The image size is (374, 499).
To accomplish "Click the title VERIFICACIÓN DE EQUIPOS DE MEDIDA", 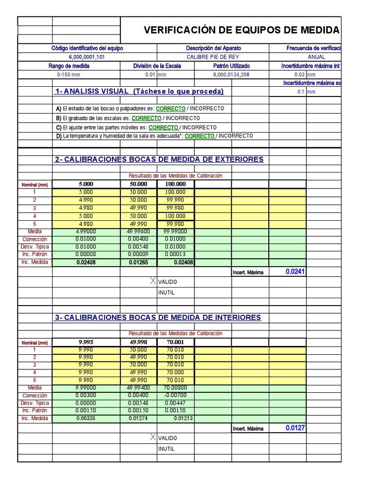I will coord(242,31).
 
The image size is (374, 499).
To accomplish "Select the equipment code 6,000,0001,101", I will coord(87,57).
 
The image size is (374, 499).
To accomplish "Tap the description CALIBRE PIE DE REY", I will coord(213,57).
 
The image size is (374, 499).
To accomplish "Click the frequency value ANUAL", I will coord(317,57).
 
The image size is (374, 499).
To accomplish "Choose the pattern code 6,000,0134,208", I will coord(231,75).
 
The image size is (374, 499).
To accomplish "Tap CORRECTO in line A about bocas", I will coord(170,108).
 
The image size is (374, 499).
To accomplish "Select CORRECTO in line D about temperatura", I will coord(199,136).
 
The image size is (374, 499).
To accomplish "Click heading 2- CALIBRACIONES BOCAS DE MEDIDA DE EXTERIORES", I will coord(160,159).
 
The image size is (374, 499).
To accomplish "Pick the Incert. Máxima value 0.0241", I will coord(295,272).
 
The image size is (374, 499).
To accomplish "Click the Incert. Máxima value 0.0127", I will coord(295,428).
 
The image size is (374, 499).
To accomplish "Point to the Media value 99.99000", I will coord(176,231).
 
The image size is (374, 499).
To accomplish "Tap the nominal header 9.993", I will coord(85,342).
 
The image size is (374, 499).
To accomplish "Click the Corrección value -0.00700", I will coord(176,396).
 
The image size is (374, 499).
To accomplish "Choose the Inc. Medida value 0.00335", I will coord(85,419).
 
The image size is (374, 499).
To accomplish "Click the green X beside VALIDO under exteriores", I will coord(153,281).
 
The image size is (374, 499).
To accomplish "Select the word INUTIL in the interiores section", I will coord(166,449).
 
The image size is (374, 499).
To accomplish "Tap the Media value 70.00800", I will coord(176,388).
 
